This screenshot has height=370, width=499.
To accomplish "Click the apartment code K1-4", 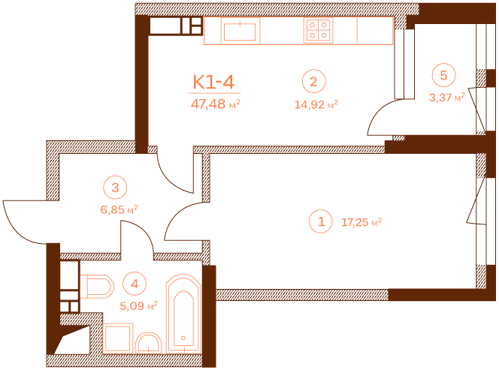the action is tap(214, 82).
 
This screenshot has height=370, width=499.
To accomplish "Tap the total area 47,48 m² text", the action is tap(215, 104).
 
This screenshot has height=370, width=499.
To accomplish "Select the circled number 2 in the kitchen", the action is tap(314, 81).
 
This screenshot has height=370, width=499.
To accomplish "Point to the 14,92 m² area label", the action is tap(316, 104).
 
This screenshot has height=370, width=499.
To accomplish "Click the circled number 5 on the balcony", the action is tap(443, 75).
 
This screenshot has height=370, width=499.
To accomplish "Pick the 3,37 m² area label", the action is tap(447, 97).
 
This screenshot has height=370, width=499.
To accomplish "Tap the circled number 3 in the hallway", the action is tap(115, 187).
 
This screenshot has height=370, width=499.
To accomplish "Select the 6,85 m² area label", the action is tap(119, 209).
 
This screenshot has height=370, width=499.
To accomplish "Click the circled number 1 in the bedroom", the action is tap(321, 221).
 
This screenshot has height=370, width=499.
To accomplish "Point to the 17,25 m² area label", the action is tap(361, 222).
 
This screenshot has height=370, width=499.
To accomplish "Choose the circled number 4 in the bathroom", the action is tap(135, 284).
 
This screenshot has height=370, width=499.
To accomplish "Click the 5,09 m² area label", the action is tap(139, 305).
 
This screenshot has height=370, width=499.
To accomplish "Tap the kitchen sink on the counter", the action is tap(240, 32).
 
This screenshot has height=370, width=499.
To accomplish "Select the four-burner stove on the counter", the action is tap(318, 30).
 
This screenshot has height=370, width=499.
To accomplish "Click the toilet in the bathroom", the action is tap(97, 287).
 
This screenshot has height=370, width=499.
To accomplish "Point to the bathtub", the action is tap(183, 314).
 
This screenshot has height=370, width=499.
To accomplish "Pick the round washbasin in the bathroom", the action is tap(149, 343).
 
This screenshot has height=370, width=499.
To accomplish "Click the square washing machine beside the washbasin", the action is tap(118, 338).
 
